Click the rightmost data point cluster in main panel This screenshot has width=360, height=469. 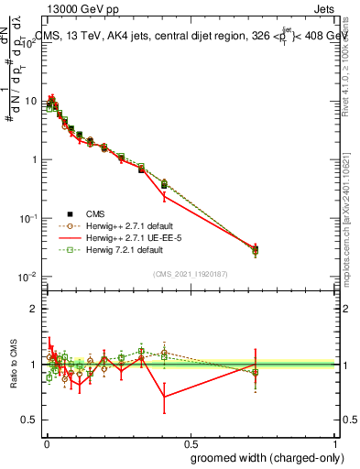tap(256, 249)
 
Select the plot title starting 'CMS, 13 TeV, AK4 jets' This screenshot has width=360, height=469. tap(192, 36)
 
